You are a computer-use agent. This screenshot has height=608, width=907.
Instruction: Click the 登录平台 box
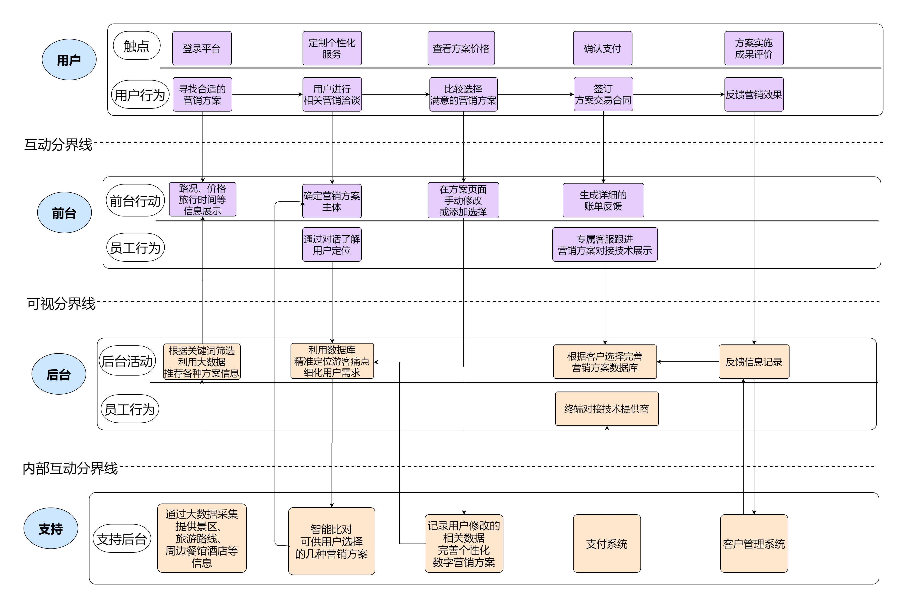202,48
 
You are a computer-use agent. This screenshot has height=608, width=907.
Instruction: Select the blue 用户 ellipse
69,60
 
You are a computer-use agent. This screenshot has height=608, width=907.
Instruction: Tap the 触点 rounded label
137,46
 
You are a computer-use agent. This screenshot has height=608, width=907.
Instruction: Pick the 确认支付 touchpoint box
603,48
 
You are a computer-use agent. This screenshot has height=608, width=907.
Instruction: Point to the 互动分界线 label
58,145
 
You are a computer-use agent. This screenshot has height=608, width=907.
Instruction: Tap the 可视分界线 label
61,304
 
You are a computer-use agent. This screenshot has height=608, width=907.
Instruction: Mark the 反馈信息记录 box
754,362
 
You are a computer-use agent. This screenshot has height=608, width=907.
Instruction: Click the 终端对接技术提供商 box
607,409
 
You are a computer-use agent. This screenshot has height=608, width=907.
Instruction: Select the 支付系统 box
607,544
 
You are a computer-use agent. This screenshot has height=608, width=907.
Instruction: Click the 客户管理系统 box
754,544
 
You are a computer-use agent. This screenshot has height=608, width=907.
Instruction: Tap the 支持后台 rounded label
122,539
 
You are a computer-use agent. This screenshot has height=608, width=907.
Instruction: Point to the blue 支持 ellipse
51,528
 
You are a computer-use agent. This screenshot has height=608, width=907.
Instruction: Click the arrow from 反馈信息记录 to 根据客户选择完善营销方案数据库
688,362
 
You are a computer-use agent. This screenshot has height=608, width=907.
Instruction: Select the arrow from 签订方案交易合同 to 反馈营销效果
679,94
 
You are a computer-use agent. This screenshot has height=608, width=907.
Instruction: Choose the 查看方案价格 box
461,48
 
